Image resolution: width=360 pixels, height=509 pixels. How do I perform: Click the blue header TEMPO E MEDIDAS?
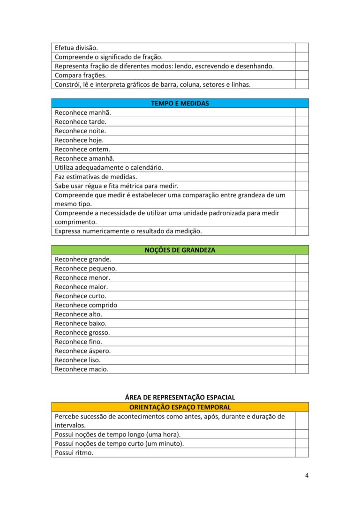pos(180,103)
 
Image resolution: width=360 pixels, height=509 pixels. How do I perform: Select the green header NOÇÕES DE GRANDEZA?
pos(180,250)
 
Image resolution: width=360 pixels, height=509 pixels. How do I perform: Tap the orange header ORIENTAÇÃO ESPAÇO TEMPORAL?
pos(180,407)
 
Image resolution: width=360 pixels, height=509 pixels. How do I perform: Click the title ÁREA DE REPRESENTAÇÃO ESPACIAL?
pos(180,397)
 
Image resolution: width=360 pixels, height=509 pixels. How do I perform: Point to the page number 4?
pos(307,476)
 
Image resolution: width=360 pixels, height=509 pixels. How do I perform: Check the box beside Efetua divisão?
pos(302,48)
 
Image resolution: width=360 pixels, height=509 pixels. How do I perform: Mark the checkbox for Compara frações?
pos(302,75)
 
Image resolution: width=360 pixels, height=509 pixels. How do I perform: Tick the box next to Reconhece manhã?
pos(302,112)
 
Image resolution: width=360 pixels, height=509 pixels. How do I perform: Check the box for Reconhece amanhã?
pos(302,158)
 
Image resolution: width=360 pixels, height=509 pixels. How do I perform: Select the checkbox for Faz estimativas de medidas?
pos(302,177)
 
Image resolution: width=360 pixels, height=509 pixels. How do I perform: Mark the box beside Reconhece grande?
pos(302,259)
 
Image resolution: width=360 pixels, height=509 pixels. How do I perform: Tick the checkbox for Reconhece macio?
pos(302,369)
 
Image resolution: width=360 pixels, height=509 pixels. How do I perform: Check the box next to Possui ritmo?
pos(302,453)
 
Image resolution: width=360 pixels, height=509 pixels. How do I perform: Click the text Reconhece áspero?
pos(83,351)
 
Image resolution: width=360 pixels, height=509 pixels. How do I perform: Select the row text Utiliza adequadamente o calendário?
pos(109,167)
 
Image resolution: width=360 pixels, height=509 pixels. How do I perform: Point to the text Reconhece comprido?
pos(86,305)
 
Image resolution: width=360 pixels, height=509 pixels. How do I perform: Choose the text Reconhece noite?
pos(80,131)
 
